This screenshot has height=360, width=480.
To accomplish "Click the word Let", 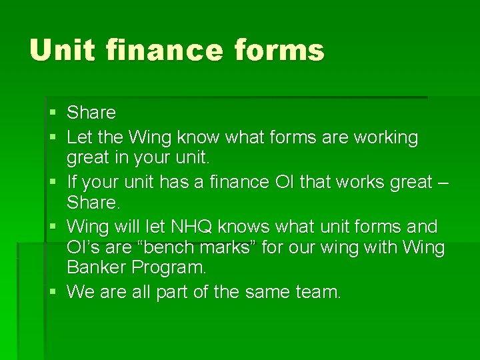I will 79,138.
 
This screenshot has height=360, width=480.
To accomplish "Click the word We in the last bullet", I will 81,291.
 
